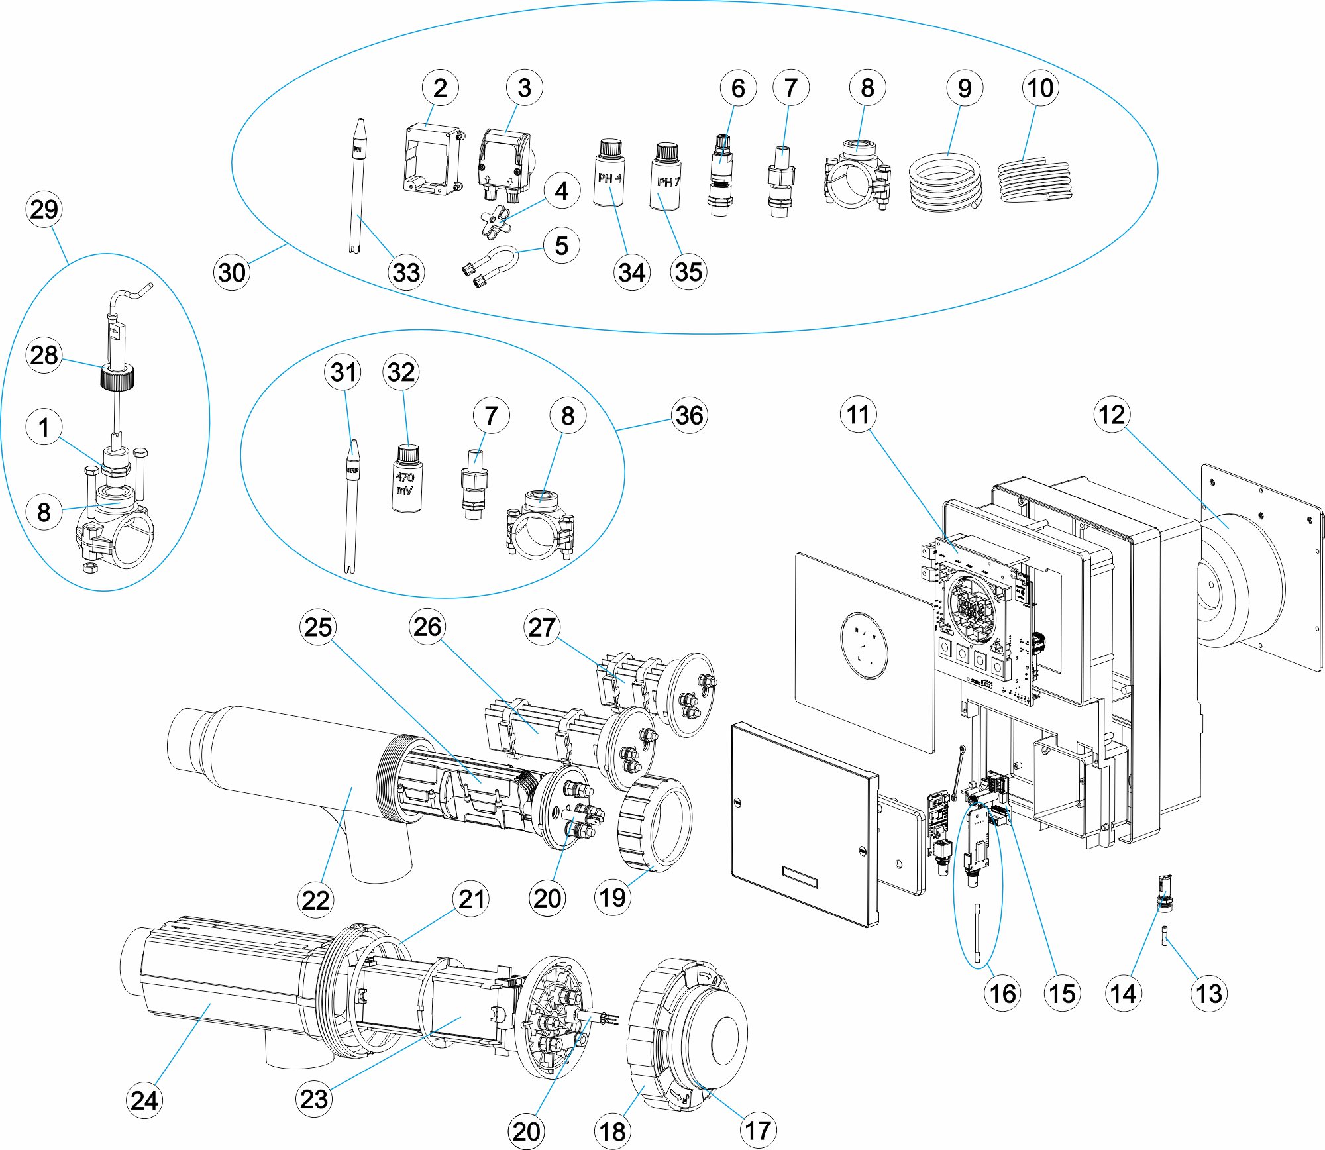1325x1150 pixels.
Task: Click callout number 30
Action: (x=232, y=272)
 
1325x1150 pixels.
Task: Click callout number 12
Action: (x=1111, y=415)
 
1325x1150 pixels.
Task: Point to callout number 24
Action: (x=144, y=1100)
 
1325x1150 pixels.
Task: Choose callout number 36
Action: (x=689, y=416)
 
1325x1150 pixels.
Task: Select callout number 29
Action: (x=44, y=210)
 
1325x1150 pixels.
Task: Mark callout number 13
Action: (x=1208, y=994)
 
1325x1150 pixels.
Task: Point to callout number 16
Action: (x=1002, y=994)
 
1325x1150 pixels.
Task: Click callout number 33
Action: (x=406, y=272)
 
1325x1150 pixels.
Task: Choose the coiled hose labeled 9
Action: (x=945, y=182)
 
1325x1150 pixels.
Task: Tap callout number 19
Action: (x=612, y=898)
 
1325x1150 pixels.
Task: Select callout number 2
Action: (x=440, y=88)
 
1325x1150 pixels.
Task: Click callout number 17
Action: (x=757, y=1131)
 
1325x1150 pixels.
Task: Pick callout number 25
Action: (x=318, y=627)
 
